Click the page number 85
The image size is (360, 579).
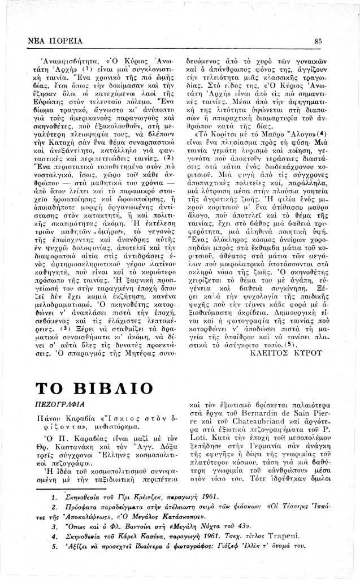coord(319,40)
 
